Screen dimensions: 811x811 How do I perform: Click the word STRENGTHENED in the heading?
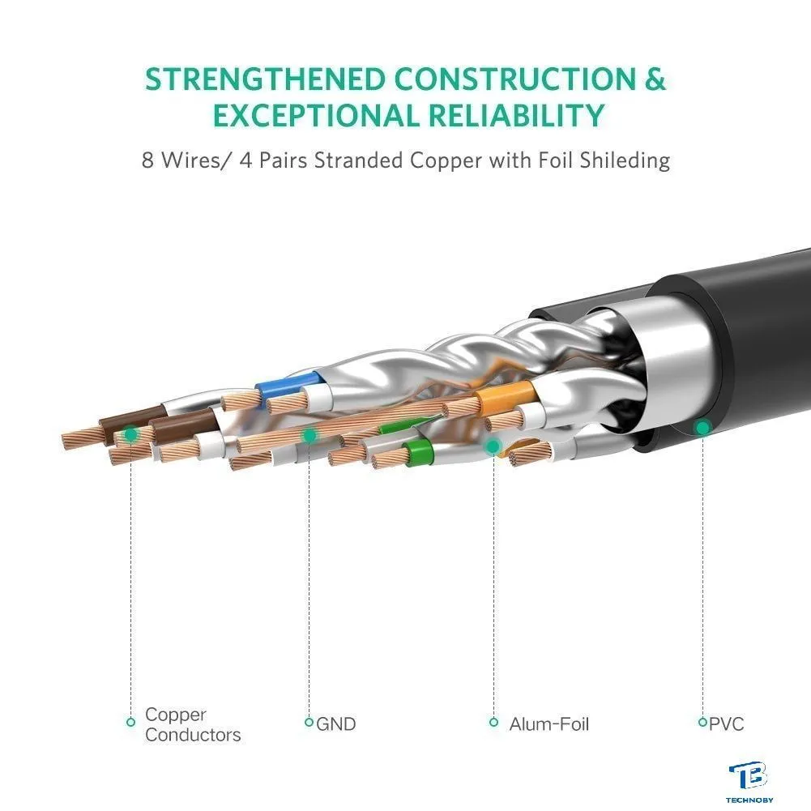coord(265,79)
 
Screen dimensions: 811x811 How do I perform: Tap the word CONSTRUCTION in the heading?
coord(515,79)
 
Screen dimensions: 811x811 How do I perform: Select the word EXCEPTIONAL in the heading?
coord(317,115)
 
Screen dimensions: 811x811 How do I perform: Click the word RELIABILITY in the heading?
coord(516,115)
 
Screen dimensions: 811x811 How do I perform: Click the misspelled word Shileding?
coord(625,161)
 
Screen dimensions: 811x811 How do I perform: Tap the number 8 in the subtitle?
coord(148,160)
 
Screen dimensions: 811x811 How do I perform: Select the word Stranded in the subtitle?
coord(358,160)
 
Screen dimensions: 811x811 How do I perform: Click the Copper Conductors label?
coord(193,724)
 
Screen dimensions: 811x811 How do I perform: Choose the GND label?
coord(335,724)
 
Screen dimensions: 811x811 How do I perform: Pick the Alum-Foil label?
coord(548,724)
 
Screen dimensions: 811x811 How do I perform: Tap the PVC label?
coord(726,724)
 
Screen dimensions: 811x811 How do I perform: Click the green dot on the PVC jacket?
coord(702,428)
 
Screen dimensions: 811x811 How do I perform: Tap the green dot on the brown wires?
coord(131,434)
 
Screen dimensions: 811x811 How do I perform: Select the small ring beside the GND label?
coord(309,722)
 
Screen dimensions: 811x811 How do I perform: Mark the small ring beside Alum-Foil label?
coord(494,722)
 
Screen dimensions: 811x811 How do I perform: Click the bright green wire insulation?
coord(419,453)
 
